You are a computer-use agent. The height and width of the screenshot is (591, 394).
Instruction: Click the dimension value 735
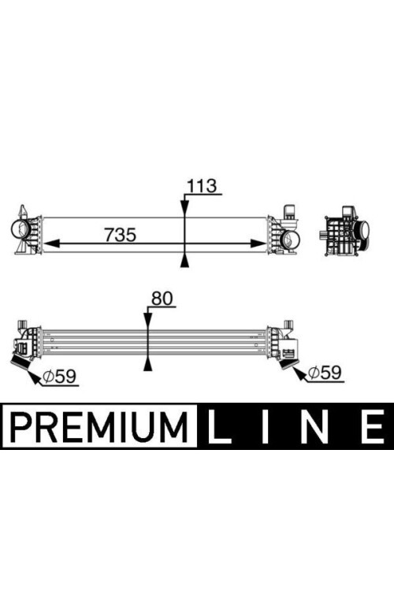(121, 235)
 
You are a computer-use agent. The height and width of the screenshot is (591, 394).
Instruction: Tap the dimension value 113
(202, 186)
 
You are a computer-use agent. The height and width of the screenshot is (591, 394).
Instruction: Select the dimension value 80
(162, 299)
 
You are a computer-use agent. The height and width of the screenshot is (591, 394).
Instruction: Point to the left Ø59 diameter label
(59, 376)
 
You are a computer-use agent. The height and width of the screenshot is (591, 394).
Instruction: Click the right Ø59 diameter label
(324, 373)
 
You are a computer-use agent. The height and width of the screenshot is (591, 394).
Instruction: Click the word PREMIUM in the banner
(99, 426)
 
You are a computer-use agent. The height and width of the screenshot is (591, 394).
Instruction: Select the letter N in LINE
(314, 426)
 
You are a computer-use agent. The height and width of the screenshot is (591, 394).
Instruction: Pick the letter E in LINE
(373, 426)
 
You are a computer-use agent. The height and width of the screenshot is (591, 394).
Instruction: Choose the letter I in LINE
(265, 426)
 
